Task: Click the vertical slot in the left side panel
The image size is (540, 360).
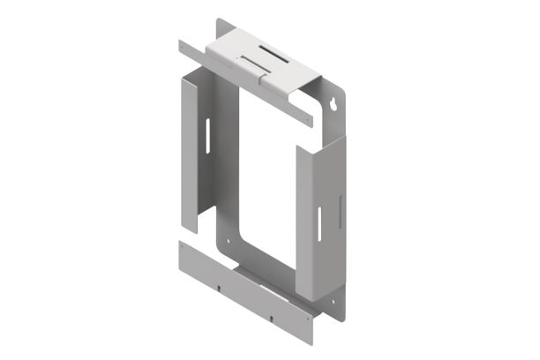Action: tap(206, 136)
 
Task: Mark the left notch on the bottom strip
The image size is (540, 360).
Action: tap(219, 284)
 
